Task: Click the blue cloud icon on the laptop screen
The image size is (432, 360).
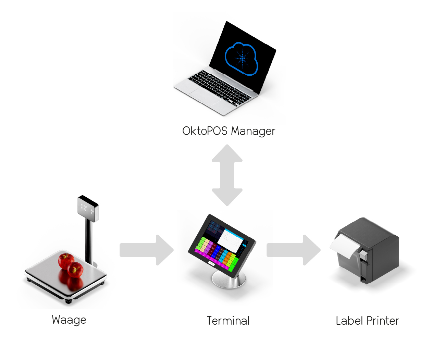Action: tap(242, 59)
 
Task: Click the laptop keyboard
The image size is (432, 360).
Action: tap(219, 86)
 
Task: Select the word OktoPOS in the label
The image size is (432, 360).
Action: tap(205, 131)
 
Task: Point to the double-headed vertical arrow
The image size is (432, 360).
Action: tap(227, 175)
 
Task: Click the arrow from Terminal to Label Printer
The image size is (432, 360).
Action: tap(293, 250)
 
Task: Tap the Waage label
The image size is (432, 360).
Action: tap(69, 320)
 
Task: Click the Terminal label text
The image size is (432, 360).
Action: tap(228, 321)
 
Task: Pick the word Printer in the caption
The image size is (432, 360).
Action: tap(383, 321)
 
